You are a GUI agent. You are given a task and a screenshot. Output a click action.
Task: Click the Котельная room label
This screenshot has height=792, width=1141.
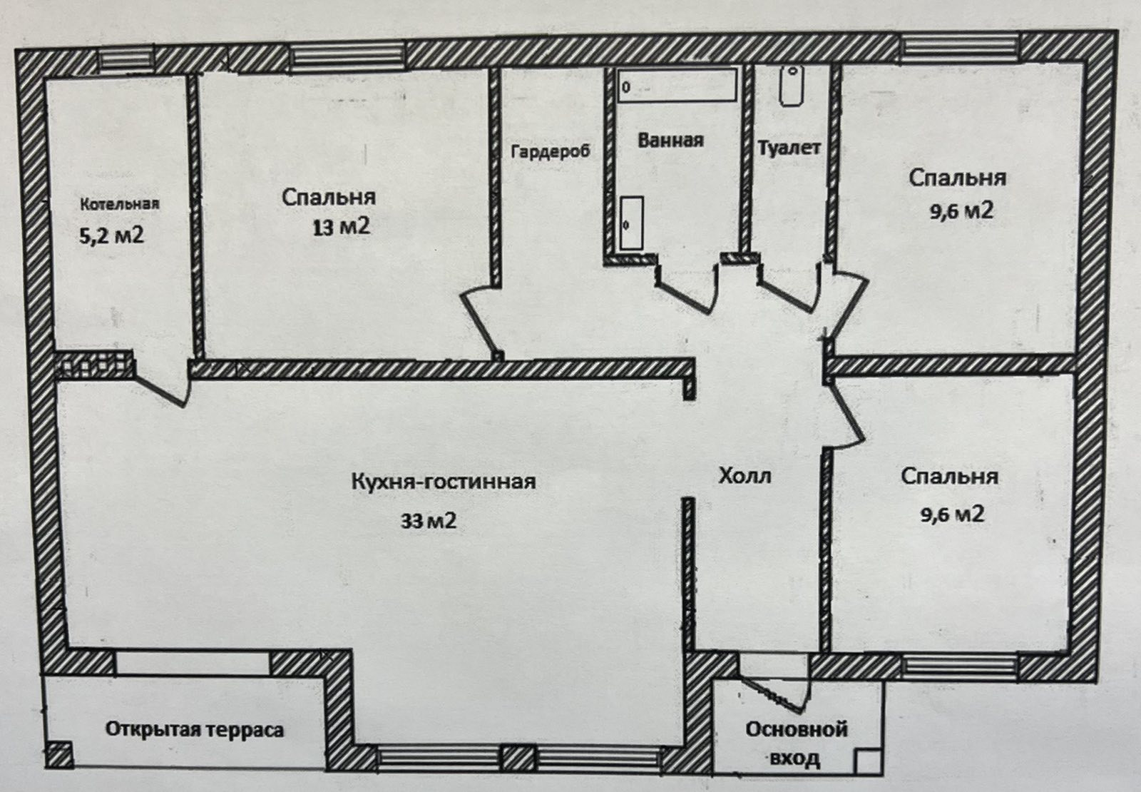click(x=120, y=204)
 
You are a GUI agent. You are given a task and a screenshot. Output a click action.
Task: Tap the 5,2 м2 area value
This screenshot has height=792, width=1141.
click(x=111, y=236)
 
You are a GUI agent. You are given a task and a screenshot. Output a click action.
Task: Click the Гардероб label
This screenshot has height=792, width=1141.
click(x=550, y=151)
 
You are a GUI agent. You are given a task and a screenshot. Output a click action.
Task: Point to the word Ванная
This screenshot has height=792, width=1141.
click(x=670, y=140)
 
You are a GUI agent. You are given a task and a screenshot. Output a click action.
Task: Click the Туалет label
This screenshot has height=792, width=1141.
click(x=789, y=148)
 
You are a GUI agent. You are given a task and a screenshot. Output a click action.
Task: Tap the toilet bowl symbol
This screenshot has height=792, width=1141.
click(x=792, y=86)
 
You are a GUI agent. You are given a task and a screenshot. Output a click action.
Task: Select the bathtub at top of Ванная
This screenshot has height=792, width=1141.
click(x=677, y=86)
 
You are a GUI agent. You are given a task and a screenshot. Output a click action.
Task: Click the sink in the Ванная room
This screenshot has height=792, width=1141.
click(x=632, y=223)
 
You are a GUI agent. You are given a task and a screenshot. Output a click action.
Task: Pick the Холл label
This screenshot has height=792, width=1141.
click(x=745, y=475)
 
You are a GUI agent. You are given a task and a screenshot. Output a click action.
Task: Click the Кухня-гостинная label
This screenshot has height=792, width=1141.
click(x=444, y=482)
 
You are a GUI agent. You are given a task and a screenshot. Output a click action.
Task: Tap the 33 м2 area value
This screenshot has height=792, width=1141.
click(x=429, y=521)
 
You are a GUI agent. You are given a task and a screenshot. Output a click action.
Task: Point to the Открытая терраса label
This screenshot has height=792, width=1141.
click(x=194, y=730)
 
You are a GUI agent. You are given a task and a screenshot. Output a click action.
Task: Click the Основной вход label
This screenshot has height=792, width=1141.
click(x=796, y=743)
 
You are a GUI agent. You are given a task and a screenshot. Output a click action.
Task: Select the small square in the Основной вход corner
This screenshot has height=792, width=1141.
click(x=867, y=761)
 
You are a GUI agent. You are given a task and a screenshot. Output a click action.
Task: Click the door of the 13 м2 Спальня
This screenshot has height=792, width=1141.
click(x=479, y=319)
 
